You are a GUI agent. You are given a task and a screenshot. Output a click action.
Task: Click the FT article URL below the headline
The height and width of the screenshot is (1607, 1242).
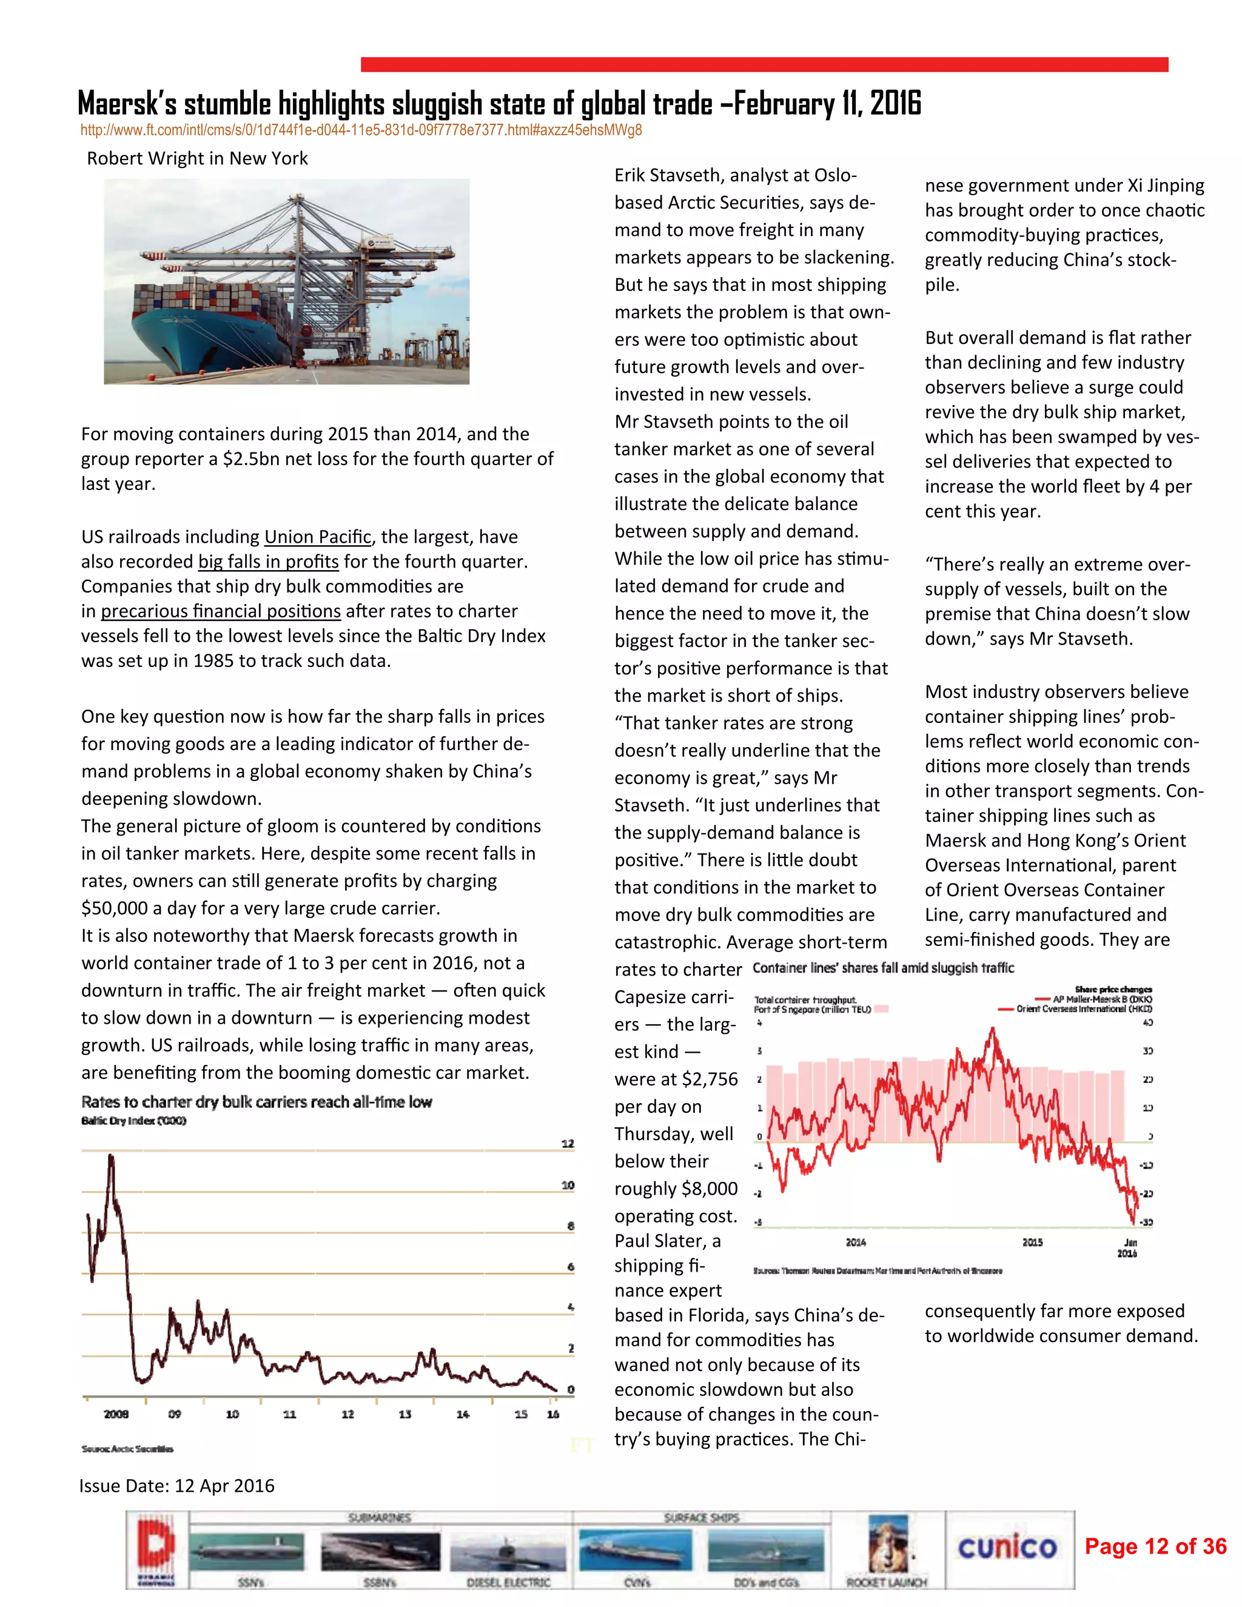point(361,131)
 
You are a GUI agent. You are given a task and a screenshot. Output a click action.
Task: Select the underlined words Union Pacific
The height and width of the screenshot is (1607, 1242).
point(317,537)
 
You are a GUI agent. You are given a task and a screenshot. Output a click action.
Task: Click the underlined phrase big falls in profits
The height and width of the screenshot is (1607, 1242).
point(269,562)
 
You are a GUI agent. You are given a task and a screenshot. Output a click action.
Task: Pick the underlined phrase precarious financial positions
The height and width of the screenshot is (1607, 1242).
point(221,611)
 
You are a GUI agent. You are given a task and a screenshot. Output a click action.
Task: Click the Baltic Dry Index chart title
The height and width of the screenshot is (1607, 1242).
point(256,1101)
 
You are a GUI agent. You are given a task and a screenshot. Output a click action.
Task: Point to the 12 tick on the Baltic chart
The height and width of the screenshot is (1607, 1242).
point(567,1144)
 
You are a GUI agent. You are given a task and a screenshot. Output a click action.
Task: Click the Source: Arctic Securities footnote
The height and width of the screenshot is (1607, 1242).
point(127,1448)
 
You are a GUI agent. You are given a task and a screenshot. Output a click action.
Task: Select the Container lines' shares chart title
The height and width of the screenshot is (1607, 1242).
point(883,968)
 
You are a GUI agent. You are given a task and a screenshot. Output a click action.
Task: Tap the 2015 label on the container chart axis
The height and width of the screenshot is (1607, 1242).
point(1032,1242)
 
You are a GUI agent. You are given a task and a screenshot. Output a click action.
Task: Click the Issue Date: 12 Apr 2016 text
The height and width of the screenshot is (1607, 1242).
point(176,1486)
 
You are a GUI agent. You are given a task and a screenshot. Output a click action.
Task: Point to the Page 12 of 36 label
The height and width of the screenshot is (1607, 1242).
point(1155,1546)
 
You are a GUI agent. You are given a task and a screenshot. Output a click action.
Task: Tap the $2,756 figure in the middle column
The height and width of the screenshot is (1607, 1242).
point(710,1079)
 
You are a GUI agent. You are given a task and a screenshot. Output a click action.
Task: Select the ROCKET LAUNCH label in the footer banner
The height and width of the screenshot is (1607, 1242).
point(886,1582)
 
